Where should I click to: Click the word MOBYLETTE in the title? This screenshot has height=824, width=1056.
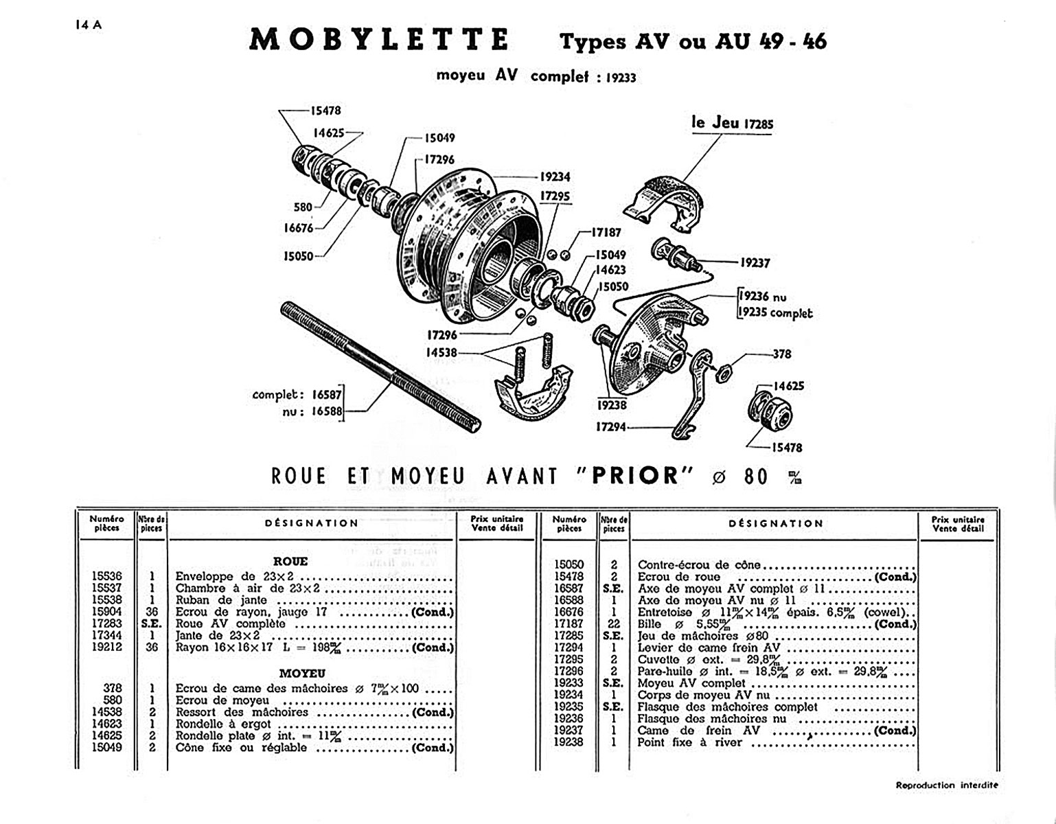[379, 40]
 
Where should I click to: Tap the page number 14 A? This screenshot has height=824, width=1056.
[89, 25]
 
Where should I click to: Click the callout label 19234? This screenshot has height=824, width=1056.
[555, 176]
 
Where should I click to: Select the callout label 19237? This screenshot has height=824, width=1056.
[755, 262]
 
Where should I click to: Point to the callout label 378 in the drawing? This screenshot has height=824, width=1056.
[782, 354]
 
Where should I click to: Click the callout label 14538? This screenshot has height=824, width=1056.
[441, 352]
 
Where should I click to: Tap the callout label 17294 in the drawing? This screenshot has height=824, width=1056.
[610, 426]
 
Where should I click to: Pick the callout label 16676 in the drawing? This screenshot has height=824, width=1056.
[299, 228]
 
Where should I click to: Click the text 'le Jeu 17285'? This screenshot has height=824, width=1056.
[732, 124]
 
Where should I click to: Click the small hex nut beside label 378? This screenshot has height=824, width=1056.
[722, 374]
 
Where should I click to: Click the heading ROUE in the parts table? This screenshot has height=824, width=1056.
[290, 561]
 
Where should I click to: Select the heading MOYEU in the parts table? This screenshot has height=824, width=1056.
[302, 674]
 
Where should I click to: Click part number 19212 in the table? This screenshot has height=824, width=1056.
[107, 647]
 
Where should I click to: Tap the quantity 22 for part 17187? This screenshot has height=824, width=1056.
[614, 623]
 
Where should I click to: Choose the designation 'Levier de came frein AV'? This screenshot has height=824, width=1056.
[709, 648]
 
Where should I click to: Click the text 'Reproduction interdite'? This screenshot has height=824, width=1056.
[947, 785]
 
